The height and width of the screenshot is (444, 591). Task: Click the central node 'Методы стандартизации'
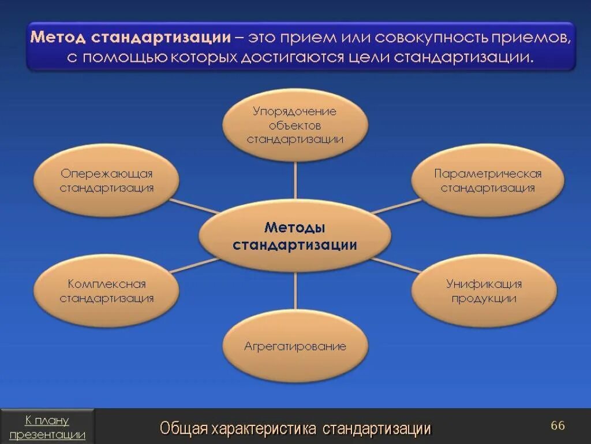(295, 236)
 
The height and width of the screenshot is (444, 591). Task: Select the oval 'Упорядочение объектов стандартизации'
(295, 124)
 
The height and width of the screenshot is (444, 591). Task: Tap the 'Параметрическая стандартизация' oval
(488, 180)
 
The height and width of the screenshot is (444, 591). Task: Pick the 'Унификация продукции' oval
(484, 291)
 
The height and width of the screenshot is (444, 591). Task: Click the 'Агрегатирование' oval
(295, 346)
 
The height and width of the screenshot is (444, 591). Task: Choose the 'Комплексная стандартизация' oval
(107, 291)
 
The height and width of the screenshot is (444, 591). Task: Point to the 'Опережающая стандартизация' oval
(107, 180)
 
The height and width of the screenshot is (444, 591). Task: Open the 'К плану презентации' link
(47, 427)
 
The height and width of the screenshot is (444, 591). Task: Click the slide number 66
(558, 425)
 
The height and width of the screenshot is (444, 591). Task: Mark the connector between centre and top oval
(295, 180)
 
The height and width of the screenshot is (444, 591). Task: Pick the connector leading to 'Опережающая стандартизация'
(194, 206)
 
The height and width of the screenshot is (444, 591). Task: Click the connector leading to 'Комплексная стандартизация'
(194, 265)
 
